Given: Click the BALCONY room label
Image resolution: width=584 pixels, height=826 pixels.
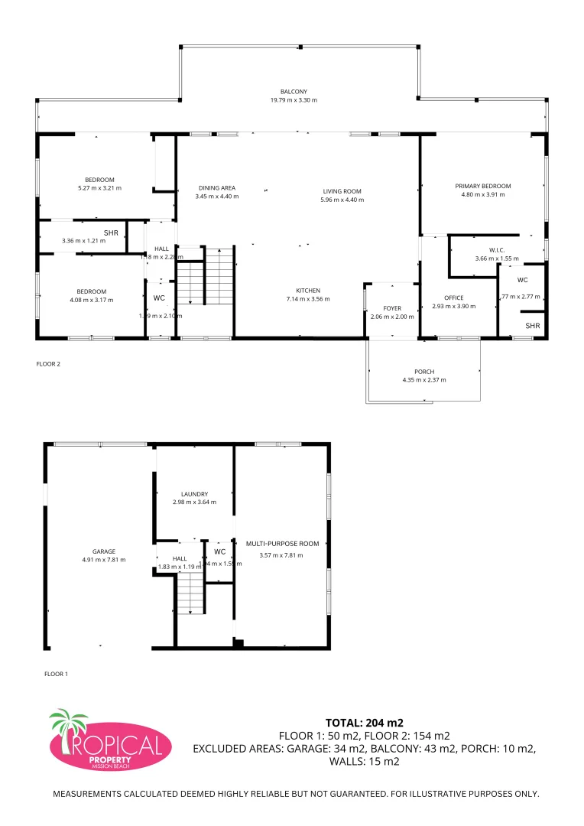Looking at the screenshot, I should (294, 92).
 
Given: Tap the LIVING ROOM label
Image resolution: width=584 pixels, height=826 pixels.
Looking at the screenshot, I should (342, 191).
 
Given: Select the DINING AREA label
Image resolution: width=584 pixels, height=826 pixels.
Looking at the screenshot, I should (217, 187).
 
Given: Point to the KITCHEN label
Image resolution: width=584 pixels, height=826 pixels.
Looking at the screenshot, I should (308, 291).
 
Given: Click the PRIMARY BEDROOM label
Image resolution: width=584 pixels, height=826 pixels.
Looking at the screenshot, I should (483, 186).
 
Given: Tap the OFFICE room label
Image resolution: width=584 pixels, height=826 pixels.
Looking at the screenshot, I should (454, 298).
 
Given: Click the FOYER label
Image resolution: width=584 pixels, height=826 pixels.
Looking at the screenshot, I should (392, 308).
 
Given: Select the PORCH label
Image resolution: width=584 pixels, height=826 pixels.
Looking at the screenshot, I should (424, 372).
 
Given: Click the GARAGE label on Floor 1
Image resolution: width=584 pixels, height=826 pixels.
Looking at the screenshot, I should (104, 551).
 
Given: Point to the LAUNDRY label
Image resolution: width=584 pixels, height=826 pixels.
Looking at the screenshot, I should (195, 494).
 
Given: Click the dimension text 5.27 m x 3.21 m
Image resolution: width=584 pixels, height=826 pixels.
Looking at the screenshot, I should (99, 187).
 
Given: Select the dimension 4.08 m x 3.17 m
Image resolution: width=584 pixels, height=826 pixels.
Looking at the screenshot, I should (91, 300).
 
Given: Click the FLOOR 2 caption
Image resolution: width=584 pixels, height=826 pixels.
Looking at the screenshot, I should (48, 364).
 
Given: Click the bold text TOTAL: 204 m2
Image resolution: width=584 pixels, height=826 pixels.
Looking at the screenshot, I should (364, 722).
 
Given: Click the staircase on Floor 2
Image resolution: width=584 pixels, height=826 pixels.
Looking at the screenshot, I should (205, 275).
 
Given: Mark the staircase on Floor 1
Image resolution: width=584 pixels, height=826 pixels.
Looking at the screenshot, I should (191, 593).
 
